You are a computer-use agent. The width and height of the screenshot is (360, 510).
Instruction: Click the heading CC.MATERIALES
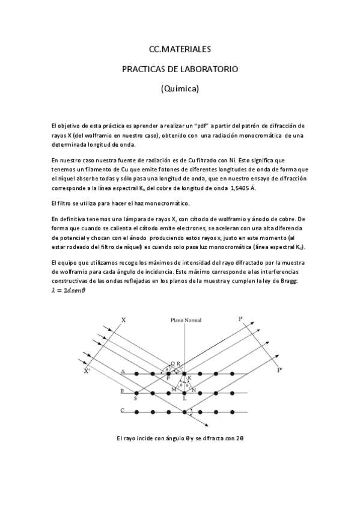(x=180, y=50)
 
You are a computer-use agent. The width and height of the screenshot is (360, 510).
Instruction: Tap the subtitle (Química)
(x=180, y=88)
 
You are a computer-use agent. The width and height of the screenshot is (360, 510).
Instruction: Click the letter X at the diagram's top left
(x=123, y=321)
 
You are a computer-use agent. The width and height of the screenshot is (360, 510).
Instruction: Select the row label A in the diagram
(x=122, y=372)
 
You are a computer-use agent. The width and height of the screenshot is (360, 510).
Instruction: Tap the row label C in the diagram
(x=122, y=411)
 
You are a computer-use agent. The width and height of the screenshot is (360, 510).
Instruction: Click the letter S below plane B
(x=136, y=399)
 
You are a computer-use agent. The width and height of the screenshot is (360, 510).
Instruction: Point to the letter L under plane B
(x=184, y=399)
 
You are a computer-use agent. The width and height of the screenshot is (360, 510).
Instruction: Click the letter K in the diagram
(x=189, y=378)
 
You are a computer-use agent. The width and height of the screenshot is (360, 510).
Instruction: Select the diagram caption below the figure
(x=180, y=438)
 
